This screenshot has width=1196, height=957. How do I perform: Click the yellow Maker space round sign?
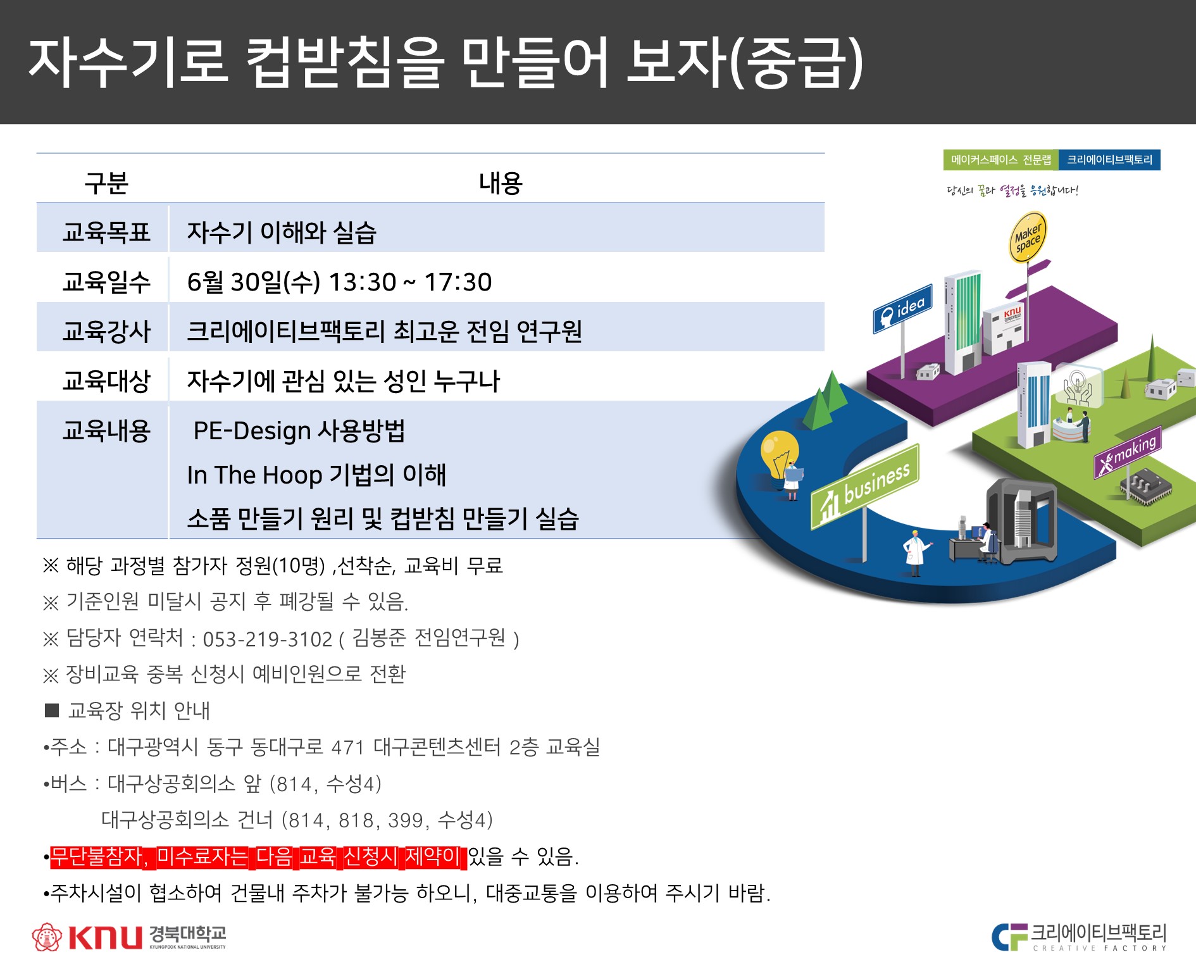click(x=1026, y=237)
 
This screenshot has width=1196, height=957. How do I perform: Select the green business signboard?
click(x=865, y=486)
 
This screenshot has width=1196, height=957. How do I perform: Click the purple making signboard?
click(x=1128, y=451)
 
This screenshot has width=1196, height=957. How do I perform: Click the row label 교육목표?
click(x=106, y=232)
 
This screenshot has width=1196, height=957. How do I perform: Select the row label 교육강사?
click(x=106, y=331)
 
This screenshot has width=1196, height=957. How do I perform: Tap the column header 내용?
click(x=501, y=183)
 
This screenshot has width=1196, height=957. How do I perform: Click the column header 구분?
click(x=106, y=183)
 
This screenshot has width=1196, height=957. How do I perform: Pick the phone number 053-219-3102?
click(x=267, y=639)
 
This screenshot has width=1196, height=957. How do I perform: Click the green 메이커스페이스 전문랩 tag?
click(x=1000, y=160)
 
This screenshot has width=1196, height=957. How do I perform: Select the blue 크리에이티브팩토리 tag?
click(x=1110, y=160)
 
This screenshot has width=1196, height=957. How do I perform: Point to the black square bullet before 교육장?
click(x=52, y=710)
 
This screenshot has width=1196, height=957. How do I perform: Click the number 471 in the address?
click(x=347, y=747)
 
